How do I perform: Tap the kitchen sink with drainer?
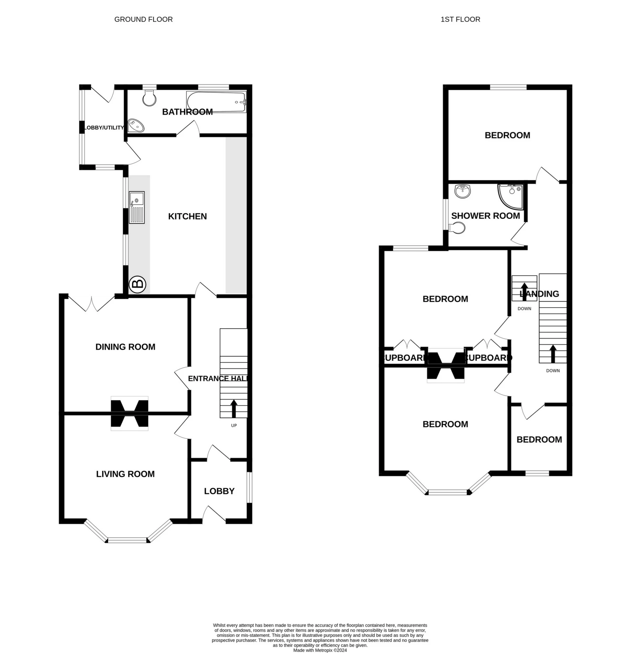tap(137, 207)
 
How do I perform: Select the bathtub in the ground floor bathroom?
tap(216, 102)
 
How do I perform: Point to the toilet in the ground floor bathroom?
tap(149, 98)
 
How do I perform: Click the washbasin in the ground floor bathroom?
tap(136, 126)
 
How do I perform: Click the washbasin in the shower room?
tap(462, 191)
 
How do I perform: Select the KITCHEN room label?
tap(187, 217)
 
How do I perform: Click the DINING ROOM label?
tap(125, 347)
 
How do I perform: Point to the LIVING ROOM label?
tap(125, 474)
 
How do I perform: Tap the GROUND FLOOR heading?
tap(144, 20)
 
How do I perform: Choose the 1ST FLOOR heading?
tap(460, 20)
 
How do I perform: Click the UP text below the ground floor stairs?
tap(234, 426)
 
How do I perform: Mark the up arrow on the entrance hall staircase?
tap(234, 409)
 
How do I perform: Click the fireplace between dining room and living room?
tap(129, 413)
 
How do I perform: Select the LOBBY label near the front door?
tap(219, 491)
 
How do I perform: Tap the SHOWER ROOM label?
tap(485, 216)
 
